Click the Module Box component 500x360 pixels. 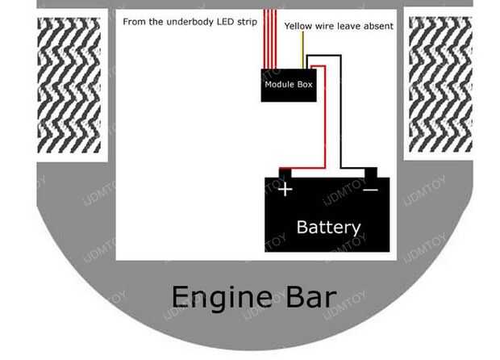[x=289, y=86]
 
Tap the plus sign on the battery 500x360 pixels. [x=285, y=190]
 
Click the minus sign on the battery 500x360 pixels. [x=370, y=190]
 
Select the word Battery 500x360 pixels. [x=328, y=228]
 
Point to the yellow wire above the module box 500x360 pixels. [x=302, y=50]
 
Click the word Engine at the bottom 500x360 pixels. [x=222, y=298]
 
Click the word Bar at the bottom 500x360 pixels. [x=311, y=298]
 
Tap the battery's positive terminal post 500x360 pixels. [x=285, y=174]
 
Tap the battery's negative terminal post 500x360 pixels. [x=371, y=173]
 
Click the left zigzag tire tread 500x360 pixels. [x=69, y=86]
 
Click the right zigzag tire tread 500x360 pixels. [x=440, y=85]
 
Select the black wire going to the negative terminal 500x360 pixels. [x=340, y=111]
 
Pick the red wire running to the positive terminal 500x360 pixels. [x=325, y=118]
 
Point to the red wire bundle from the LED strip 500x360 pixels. [x=270, y=39]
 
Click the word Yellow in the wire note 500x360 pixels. [x=298, y=26]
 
